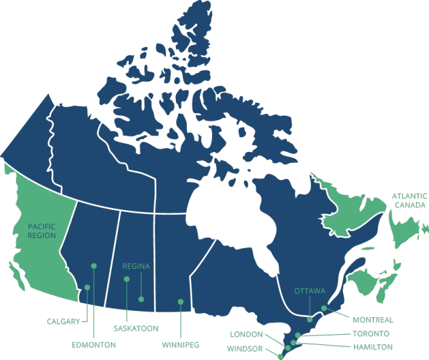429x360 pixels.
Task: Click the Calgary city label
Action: pyautogui.click(x=63, y=321)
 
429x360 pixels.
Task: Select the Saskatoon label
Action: pyautogui.click(x=135, y=328)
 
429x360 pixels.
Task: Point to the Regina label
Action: pyautogui.click(x=136, y=266)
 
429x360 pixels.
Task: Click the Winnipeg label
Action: pyautogui.click(x=180, y=344)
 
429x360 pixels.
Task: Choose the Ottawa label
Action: pyautogui.click(x=309, y=290)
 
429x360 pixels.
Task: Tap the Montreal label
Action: pyautogui.click(x=373, y=320)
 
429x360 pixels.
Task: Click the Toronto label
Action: pyautogui.click(x=371, y=334)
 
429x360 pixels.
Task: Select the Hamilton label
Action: pyautogui.click(x=373, y=347)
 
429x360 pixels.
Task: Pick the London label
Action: pyautogui.click(x=246, y=334)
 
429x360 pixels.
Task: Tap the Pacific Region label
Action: pyautogui.click(x=42, y=231)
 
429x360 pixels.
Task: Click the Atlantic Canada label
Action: pyautogui.click(x=409, y=201)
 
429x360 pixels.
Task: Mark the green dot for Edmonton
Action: pyautogui.click(x=94, y=266)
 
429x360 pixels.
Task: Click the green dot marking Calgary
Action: pyautogui.click(x=88, y=287)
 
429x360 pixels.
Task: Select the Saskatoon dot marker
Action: pyautogui.click(x=127, y=279)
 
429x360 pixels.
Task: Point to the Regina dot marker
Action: pyautogui.click(x=142, y=299)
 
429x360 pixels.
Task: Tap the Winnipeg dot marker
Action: pyautogui.click(x=180, y=301)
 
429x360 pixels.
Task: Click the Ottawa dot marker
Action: pyautogui.click(x=310, y=319)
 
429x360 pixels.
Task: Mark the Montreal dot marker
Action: pyautogui.click(x=324, y=308)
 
